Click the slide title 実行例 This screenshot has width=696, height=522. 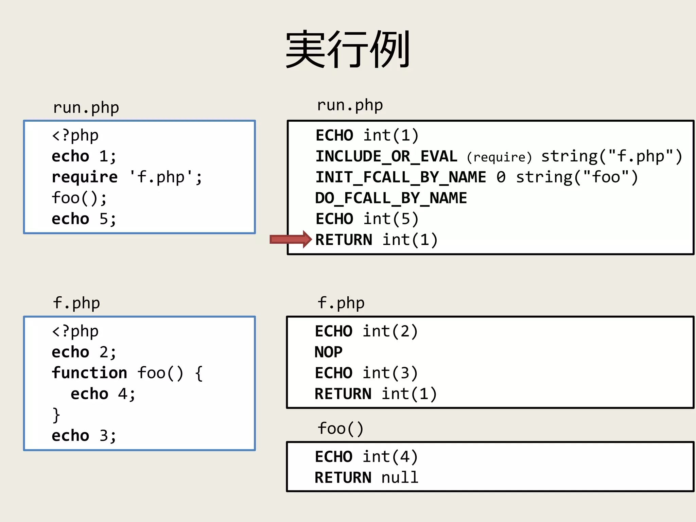348,49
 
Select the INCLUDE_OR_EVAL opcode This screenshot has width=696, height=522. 386,157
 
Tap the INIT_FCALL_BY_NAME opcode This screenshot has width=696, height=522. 401,177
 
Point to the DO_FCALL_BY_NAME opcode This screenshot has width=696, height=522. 391,198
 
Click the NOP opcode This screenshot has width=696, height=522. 328,352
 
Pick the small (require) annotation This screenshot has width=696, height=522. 499,157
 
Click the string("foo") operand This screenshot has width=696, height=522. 577,177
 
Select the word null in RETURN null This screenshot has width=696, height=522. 400,477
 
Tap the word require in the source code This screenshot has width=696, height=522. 85,177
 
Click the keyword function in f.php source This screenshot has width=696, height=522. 89,373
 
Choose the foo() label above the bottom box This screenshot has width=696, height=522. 341,429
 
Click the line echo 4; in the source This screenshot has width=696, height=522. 103,394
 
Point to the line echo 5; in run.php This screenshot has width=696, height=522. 84,219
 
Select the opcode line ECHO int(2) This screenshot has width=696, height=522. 366,331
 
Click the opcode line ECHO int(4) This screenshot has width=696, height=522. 366,457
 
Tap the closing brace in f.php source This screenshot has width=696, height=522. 56,415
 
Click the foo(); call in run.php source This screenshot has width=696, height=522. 79,198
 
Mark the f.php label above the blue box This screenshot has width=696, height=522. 76,303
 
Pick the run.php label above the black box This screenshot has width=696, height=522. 350,105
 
